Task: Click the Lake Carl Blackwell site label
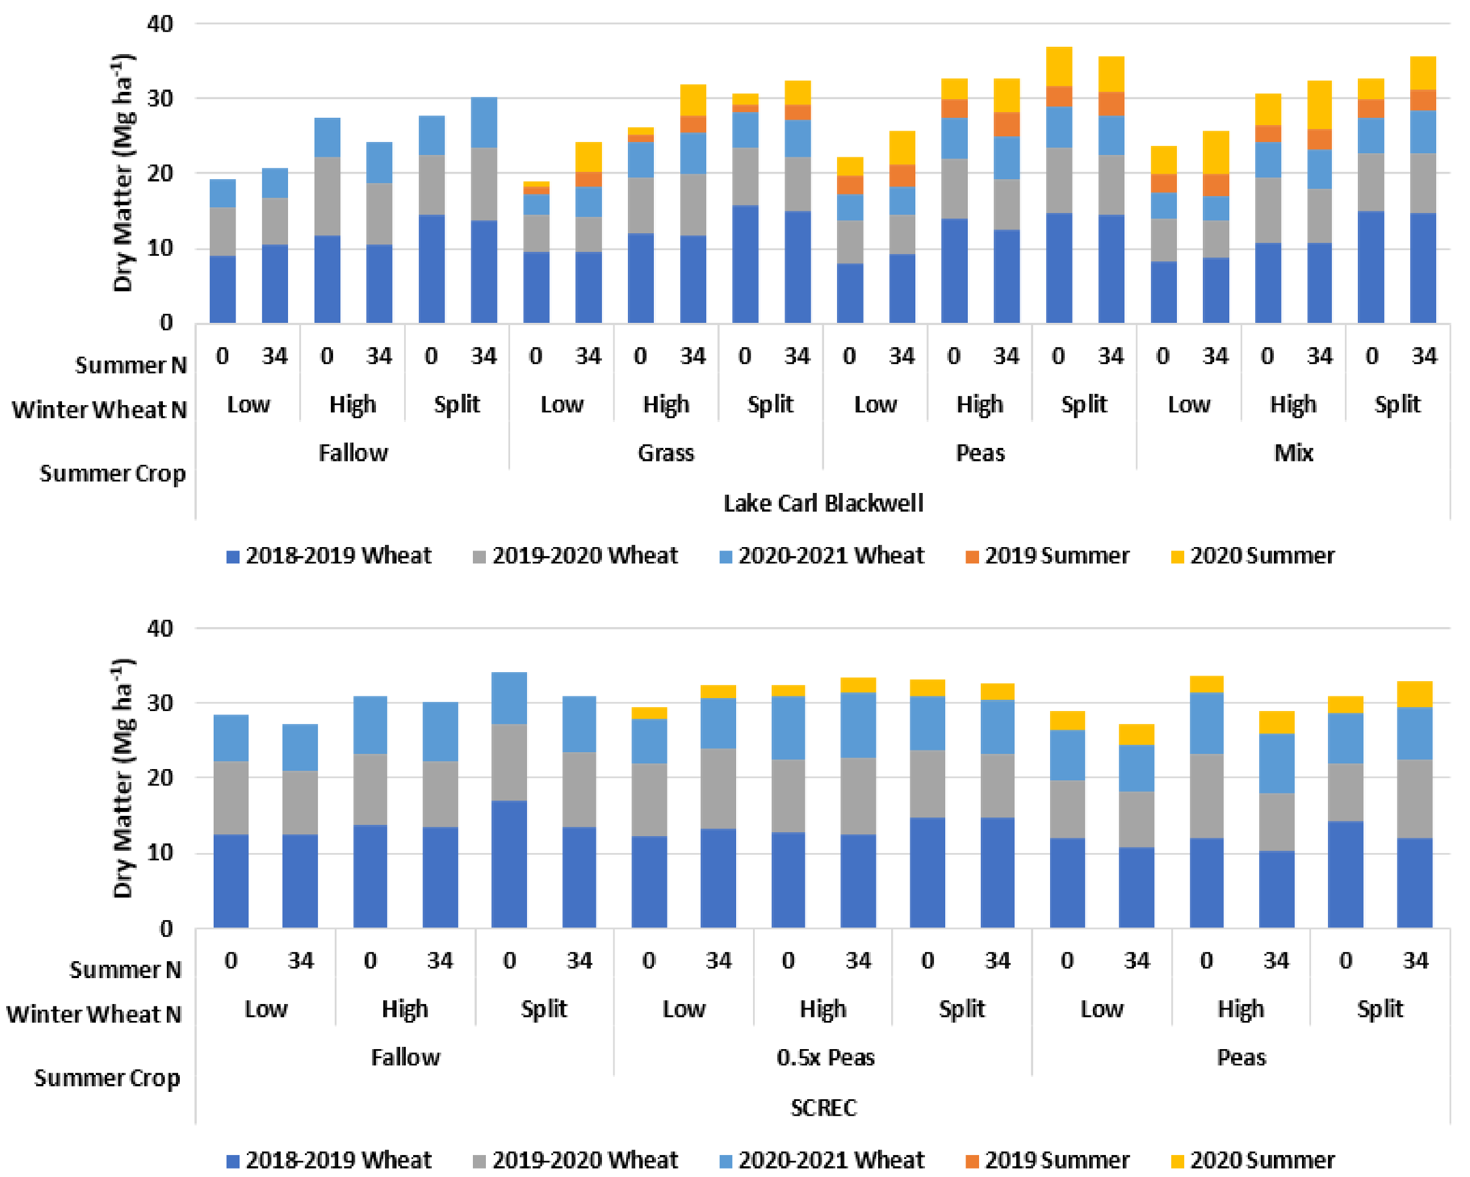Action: coord(822,503)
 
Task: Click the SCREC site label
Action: coord(822,1108)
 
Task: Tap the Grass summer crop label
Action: coord(666,452)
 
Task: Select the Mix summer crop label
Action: coord(1292,452)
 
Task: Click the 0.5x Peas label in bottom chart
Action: coord(825,1057)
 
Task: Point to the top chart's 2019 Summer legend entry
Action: coord(1056,556)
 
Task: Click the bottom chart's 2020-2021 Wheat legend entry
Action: coord(830,1160)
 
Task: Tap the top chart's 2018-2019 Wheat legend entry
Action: coord(338,556)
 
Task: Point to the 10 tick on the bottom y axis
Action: coord(160,852)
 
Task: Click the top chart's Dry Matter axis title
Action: coord(123,173)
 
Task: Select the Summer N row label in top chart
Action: coord(130,365)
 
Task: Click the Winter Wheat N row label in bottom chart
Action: coord(94,1014)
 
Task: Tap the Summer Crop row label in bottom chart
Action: coord(107,1078)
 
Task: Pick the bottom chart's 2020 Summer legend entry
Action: coord(1261,1160)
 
